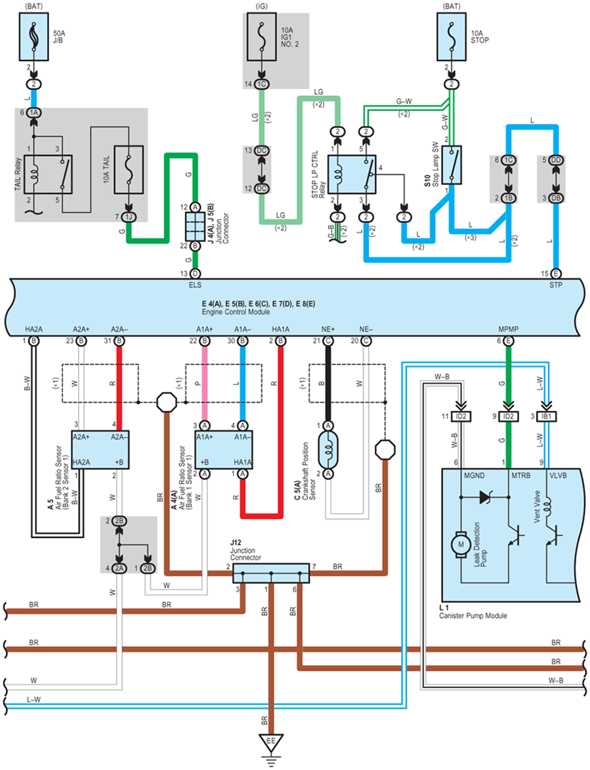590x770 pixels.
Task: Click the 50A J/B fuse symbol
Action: pos(34,37)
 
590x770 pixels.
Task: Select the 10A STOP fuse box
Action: pos(452,37)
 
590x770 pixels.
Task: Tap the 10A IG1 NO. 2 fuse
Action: pos(262,37)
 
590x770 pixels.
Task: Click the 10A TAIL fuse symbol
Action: pos(129,169)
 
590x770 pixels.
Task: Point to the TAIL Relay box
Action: pos(48,174)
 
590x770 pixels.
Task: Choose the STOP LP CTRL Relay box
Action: pos(352,174)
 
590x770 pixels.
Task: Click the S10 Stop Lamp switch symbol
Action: pos(452,165)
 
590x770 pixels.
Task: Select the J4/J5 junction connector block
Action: pos(195,226)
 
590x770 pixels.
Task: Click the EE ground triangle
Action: pos(271,741)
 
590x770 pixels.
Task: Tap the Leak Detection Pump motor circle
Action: pos(461,544)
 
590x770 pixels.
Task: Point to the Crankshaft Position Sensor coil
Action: pos(328,450)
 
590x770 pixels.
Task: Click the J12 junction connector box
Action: pos(271,573)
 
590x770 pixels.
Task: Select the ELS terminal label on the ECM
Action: pos(195,285)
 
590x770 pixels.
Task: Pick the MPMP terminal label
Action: pos(508,329)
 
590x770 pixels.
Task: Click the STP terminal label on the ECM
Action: pos(556,285)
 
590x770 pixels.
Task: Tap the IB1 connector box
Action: pos(546,416)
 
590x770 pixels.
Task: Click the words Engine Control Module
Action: pos(236,312)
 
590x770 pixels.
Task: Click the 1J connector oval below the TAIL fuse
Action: pos(129,217)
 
